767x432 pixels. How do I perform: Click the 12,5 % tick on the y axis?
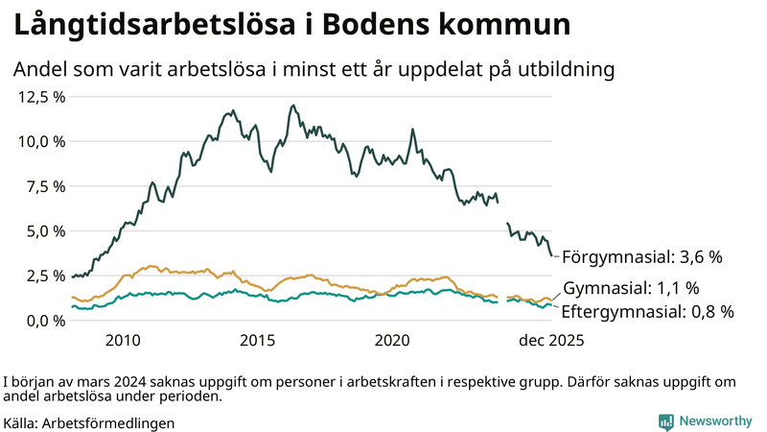(x=40, y=97)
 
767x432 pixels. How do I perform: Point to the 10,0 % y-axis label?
(x=40, y=141)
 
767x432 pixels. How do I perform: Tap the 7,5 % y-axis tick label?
(x=44, y=186)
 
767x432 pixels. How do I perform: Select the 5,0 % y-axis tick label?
(x=44, y=231)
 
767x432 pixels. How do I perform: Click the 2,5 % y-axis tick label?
(x=44, y=276)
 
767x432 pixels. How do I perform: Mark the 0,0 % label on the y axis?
(x=44, y=321)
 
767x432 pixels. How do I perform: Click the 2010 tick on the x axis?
(x=123, y=341)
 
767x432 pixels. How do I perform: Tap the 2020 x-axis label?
(x=393, y=341)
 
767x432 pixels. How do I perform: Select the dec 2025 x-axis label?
(x=550, y=341)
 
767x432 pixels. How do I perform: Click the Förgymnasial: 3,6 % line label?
(x=640, y=257)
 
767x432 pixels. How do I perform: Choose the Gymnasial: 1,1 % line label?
(x=631, y=288)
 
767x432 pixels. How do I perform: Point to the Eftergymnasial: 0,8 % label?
(x=647, y=312)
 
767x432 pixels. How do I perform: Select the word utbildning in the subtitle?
(x=565, y=70)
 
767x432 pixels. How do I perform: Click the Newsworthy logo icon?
(x=665, y=421)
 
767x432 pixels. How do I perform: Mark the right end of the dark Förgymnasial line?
(x=551, y=255)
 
